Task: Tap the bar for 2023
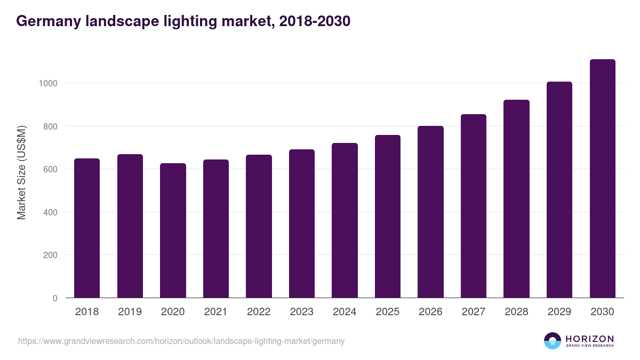coord(301,223)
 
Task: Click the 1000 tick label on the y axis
coord(47,83)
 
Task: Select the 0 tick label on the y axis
coord(54,298)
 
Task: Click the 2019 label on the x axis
coord(130,312)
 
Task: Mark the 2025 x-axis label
coord(387,312)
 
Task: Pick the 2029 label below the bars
coord(559,312)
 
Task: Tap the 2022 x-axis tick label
coord(259,312)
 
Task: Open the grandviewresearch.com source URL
coord(181,341)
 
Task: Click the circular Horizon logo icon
coord(553,341)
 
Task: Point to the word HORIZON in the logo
coord(589,339)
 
